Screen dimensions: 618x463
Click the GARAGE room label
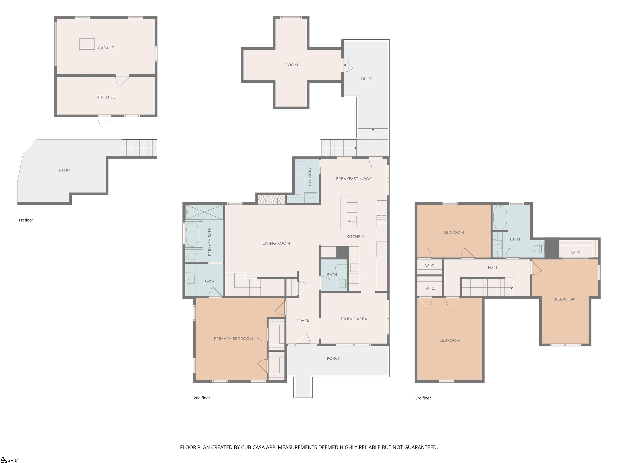coord(106,48)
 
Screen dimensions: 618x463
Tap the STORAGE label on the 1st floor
coord(106,97)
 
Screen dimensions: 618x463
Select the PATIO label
coord(65,170)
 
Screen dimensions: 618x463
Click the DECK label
coord(366,79)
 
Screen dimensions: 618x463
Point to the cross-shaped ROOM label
coord(291,65)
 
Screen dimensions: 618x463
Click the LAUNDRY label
coord(310,176)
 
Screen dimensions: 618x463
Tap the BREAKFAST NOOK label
coord(354,179)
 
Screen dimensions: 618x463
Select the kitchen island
coord(349,213)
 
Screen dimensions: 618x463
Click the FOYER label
coord(303,321)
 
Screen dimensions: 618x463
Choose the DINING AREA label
coord(354,319)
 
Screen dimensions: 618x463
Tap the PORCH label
coord(334,358)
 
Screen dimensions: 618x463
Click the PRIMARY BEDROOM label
coord(233,339)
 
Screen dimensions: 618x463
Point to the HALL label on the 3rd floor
coord(493,268)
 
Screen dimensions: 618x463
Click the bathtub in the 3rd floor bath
coord(500,217)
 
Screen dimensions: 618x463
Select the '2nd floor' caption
coord(202,398)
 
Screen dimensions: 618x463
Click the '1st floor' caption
coord(26,220)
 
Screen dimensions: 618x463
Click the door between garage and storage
coord(122,80)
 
